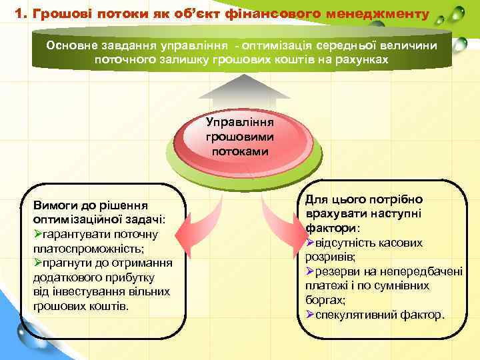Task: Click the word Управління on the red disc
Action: (x=240, y=123)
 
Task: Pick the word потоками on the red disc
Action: (x=240, y=151)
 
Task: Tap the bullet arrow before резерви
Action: (x=309, y=271)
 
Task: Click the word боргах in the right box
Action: (x=324, y=300)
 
